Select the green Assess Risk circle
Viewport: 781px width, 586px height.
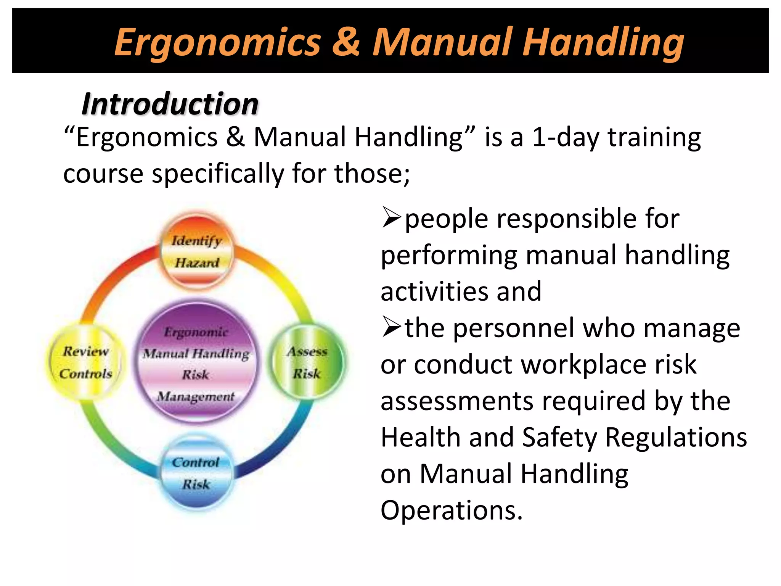pyautogui.click(x=307, y=362)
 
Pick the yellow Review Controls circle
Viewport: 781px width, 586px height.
pyautogui.click(x=86, y=362)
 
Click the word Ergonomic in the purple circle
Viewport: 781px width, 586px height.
pyautogui.click(x=196, y=332)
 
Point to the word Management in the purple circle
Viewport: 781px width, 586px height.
pyautogui.click(x=196, y=397)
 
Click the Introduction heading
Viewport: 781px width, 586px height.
pyautogui.click(x=170, y=104)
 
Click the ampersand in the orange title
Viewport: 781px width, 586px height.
pyautogui.click(x=346, y=42)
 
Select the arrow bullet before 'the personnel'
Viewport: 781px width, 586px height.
pyautogui.click(x=391, y=327)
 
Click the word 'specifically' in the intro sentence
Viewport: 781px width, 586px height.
pyautogui.click(x=218, y=174)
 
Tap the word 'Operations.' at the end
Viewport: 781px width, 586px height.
pyautogui.click(x=452, y=510)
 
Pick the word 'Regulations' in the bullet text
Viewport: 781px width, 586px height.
pyautogui.click(x=676, y=437)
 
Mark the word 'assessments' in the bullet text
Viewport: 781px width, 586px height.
pyautogui.click(x=457, y=401)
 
